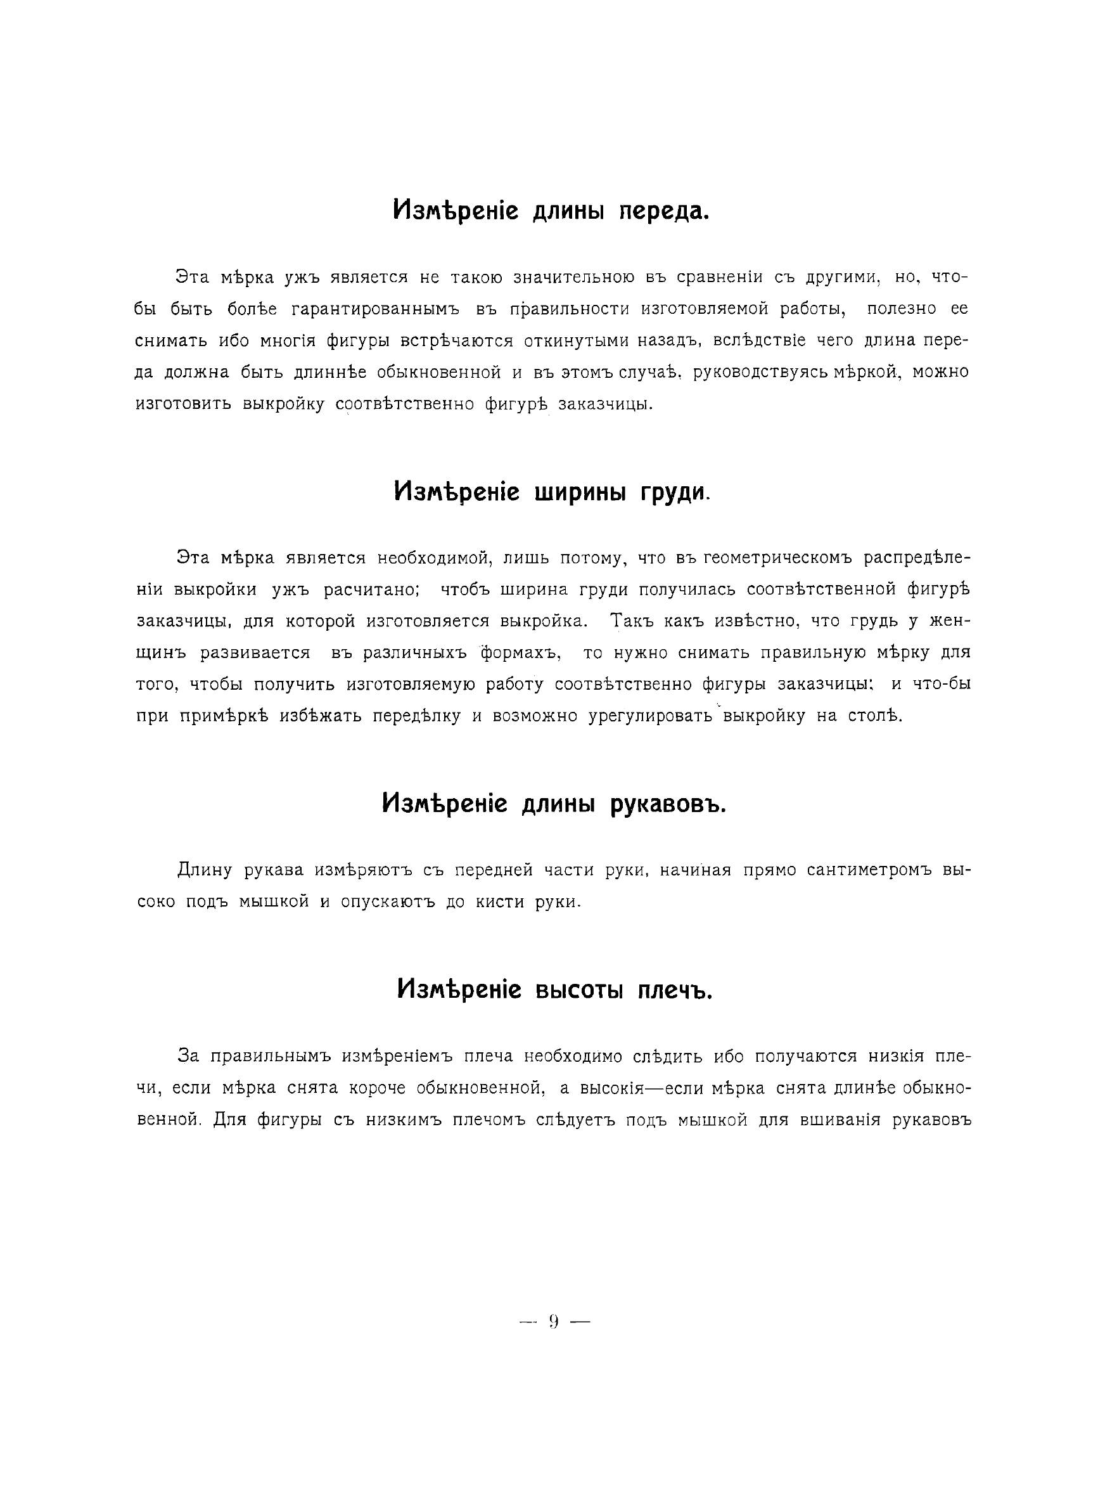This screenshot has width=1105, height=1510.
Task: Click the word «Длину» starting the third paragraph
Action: tap(204, 870)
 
